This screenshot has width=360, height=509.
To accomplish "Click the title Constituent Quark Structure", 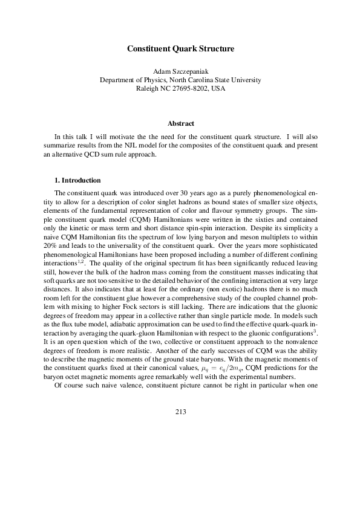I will (179, 48).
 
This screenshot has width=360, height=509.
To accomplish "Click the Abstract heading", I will (180, 124).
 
